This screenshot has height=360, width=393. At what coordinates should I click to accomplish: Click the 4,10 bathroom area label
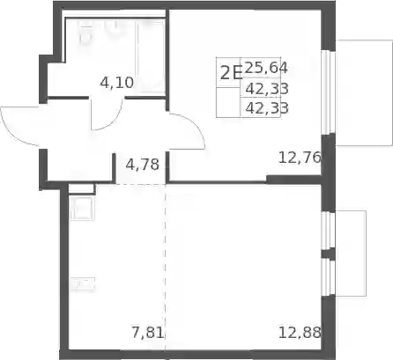(117, 83)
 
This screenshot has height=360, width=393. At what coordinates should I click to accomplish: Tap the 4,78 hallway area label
(142, 164)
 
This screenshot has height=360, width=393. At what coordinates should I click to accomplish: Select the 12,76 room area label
(300, 158)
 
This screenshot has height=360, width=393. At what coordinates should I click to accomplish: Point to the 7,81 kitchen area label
(147, 333)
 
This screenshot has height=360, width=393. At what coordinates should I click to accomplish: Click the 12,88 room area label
(300, 333)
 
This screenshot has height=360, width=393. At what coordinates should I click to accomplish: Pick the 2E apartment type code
(231, 73)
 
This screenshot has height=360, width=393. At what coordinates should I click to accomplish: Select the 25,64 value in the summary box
(266, 68)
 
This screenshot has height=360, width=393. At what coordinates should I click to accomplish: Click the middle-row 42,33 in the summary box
(267, 88)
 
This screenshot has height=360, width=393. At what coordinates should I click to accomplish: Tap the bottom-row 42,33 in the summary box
(267, 108)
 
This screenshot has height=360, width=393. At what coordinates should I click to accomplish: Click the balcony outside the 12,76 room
(364, 92)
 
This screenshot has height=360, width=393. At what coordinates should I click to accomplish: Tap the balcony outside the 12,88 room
(351, 253)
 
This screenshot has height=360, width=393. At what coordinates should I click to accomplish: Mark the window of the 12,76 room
(329, 92)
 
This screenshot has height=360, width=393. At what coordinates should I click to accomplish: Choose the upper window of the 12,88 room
(329, 231)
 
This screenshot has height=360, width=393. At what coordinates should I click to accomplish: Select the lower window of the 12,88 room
(329, 277)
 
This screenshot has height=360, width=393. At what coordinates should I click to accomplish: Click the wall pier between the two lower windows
(329, 254)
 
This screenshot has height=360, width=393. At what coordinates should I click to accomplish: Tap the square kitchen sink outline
(81, 208)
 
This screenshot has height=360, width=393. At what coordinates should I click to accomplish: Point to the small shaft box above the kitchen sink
(81, 188)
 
